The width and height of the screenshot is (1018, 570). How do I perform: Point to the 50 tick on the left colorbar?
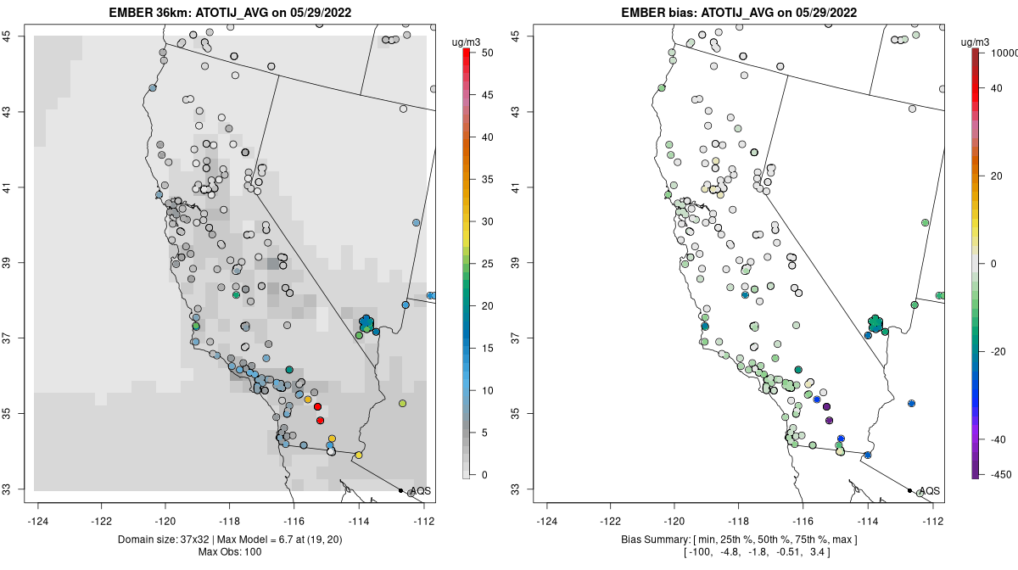(481, 53)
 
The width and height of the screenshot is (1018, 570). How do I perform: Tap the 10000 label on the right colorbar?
(1004, 53)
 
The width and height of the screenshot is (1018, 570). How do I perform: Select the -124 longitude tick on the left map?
(39, 521)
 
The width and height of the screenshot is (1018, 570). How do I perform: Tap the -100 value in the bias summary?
(698, 553)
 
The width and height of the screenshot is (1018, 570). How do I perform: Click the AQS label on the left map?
(420, 491)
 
